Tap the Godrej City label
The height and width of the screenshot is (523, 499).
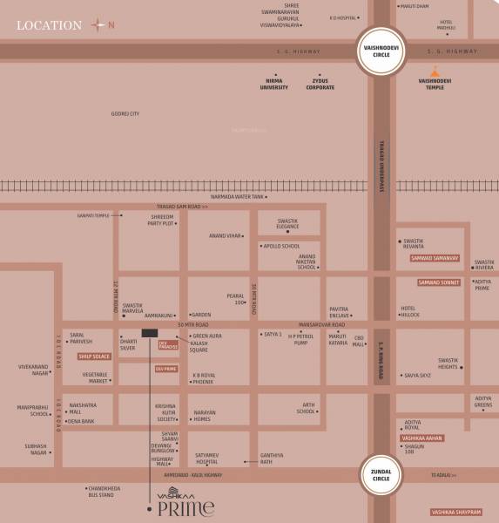(x=125, y=113)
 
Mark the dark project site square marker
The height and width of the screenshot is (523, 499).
(x=149, y=333)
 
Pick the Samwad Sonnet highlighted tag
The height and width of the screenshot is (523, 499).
(x=438, y=282)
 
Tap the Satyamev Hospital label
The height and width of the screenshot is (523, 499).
(x=212, y=458)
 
